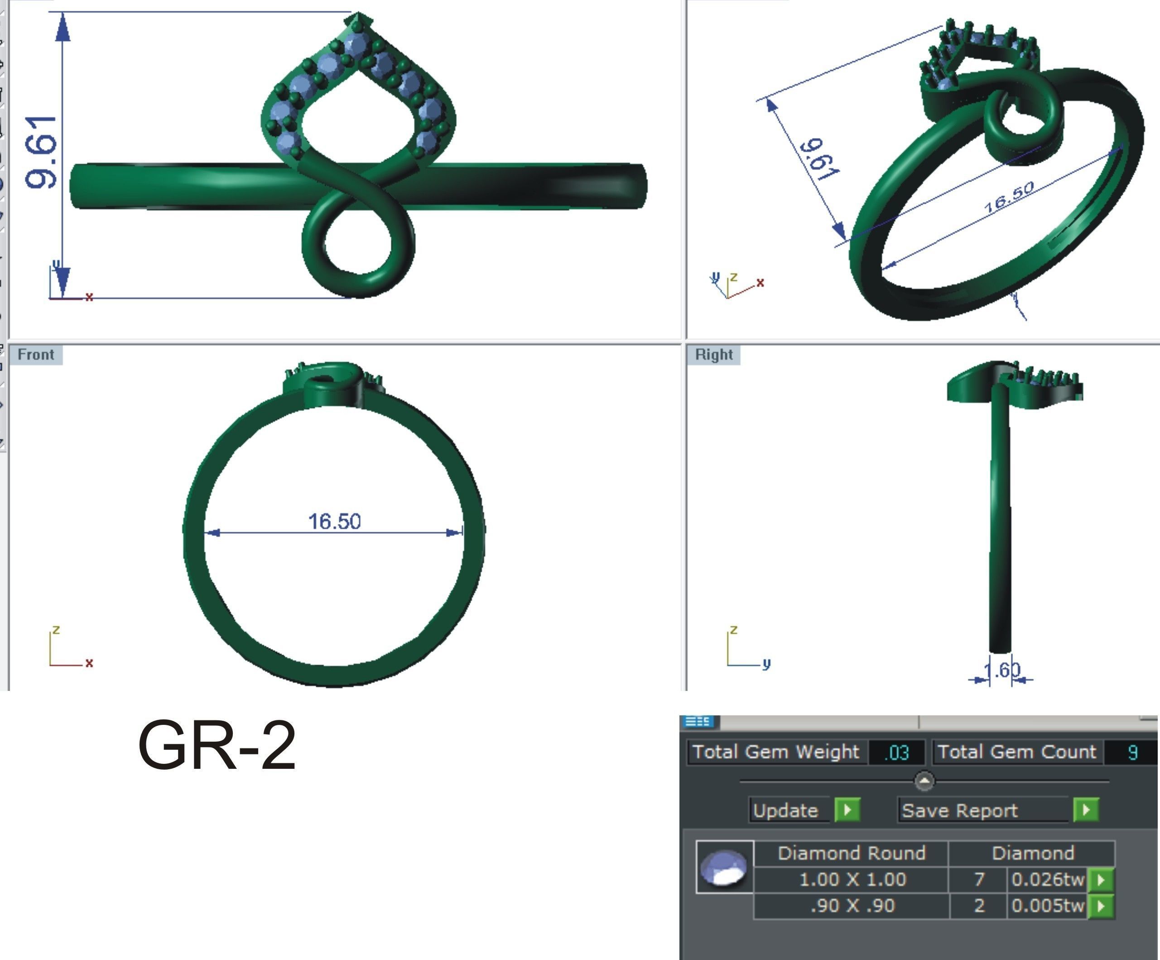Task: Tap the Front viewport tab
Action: pos(36,354)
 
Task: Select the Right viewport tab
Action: pos(714,355)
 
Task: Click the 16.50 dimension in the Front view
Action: pos(334,521)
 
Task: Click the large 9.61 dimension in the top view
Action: pos(41,152)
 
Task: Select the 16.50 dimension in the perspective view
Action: pos(1009,197)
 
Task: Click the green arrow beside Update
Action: pos(847,810)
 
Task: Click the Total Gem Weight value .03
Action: pos(896,753)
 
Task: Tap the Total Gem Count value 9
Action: pos(1132,753)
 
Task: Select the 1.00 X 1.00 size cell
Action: pos(852,879)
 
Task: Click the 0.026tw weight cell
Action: pos(1047,879)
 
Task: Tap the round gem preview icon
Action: pos(724,867)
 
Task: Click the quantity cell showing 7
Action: pos(979,879)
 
